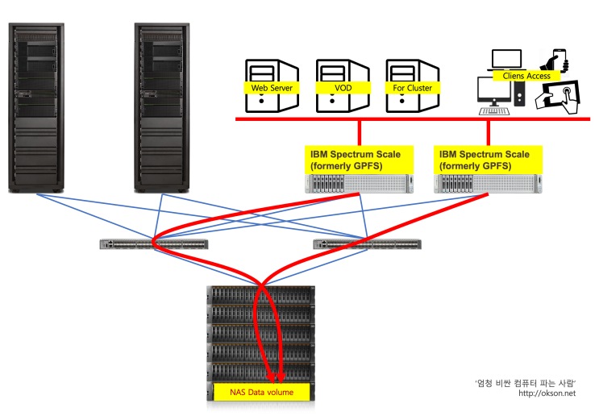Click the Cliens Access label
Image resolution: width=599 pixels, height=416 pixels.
point(526,76)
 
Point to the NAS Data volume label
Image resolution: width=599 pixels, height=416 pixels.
point(260,392)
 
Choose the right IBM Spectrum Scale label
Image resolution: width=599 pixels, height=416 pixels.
point(483,160)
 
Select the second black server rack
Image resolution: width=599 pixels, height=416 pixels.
point(160,108)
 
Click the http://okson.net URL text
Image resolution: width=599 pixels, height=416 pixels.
point(548,393)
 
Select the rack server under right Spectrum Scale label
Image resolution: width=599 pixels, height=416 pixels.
point(483,184)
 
